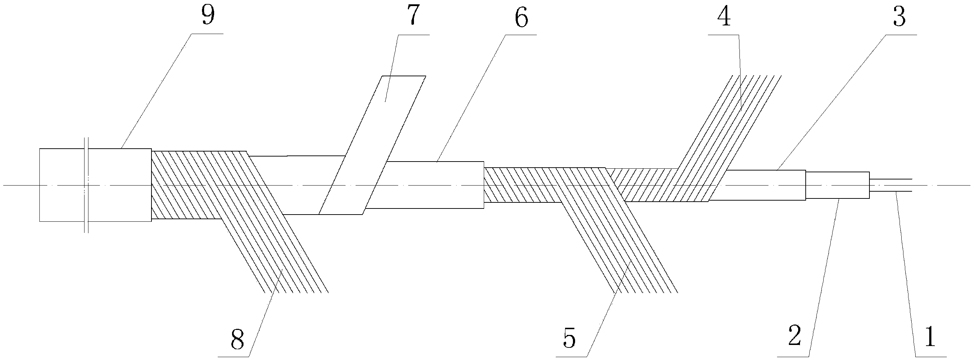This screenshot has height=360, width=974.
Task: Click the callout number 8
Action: (237, 339)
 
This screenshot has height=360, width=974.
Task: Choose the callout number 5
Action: (569, 338)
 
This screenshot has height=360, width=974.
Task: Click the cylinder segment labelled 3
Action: (764, 185)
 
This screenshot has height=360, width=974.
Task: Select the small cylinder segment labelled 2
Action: (837, 185)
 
